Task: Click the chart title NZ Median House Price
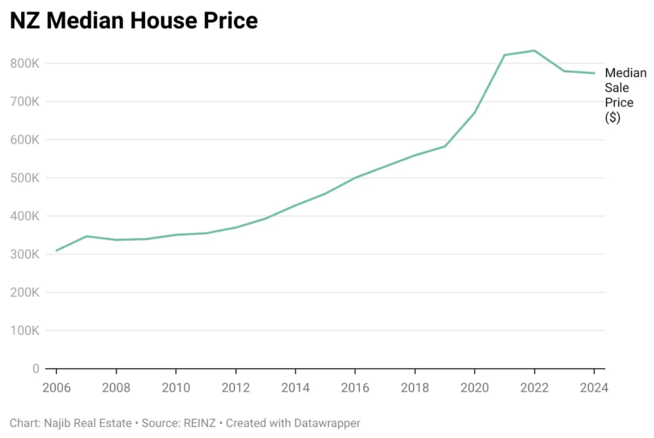point(134,21)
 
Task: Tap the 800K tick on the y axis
point(24,63)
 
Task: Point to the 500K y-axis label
point(24,178)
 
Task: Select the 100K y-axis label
point(24,331)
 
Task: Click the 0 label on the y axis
point(36,369)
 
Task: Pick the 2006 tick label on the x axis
point(56,388)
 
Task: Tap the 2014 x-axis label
point(295,388)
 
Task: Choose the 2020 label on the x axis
point(474,388)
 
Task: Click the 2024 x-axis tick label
point(593,388)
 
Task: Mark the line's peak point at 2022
point(534,50)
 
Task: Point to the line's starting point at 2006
point(56,250)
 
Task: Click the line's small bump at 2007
point(86,236)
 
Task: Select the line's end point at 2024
point(594,73)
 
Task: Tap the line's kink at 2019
point(445,146)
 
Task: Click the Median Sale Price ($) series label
point(625,95)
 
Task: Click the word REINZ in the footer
point(200,423)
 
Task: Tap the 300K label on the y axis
point(24,254)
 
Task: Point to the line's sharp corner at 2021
point(504,55)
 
